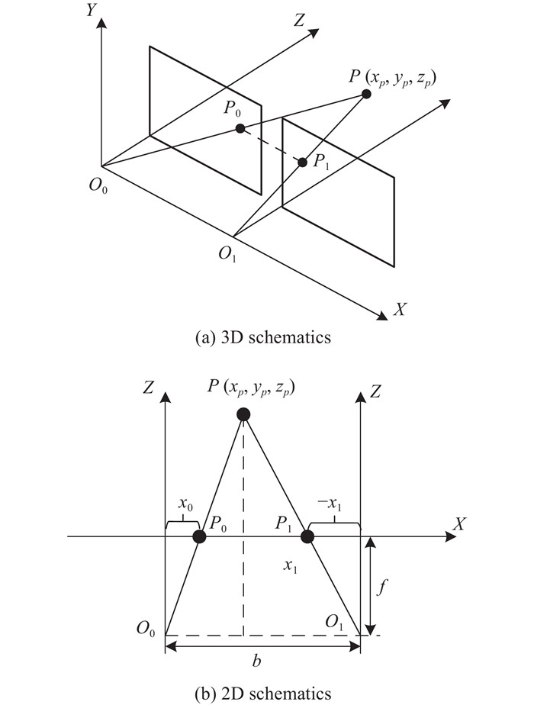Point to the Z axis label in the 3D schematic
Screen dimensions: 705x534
pyautogui.click(x=298, y=21)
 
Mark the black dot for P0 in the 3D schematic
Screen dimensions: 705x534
pyautogui.click(x=240, y=128)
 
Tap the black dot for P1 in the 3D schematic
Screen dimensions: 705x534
pyautogui.click(x=303, y=163)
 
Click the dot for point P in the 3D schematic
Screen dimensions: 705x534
pyautogui.click(x=366, y=94)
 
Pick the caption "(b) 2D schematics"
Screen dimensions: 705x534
pyautogui.click(x=263, y=694)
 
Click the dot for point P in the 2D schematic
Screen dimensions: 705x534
pyautogui.click(x=243, y=414)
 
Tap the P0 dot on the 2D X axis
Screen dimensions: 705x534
pyautogui.click(x=199, y=536)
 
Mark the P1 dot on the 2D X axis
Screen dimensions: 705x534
pyautogui.click(x=307, y=536)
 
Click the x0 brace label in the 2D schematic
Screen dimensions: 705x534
pyautogui.click(x=184, y=504)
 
